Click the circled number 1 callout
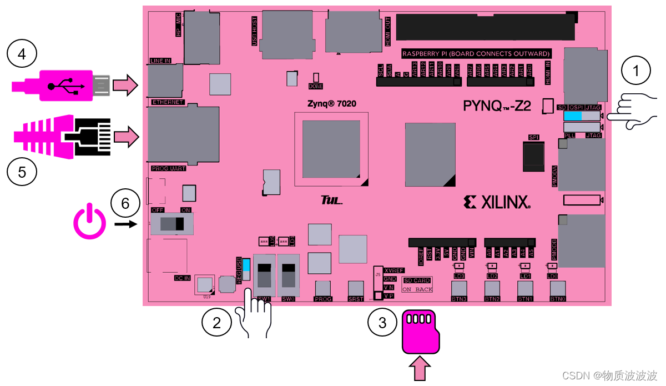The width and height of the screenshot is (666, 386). (637, 71)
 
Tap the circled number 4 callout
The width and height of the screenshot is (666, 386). (22, 54)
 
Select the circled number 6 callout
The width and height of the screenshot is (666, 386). (125, 204)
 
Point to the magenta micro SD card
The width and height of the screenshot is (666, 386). (420, 332)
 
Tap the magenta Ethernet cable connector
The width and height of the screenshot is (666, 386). (61, 137)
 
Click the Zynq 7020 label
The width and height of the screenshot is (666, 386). (332, 104)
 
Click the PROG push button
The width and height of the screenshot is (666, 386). (323, 289)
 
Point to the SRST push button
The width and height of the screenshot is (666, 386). (356, 289)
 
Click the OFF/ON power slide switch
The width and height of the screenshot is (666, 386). (172, 224)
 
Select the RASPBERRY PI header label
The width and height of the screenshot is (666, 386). (476, 54)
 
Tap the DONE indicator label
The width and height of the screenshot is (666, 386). (316, 87)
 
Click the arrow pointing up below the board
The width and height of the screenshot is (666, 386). (420, 369)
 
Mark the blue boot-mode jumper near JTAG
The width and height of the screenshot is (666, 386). (573, 116)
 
